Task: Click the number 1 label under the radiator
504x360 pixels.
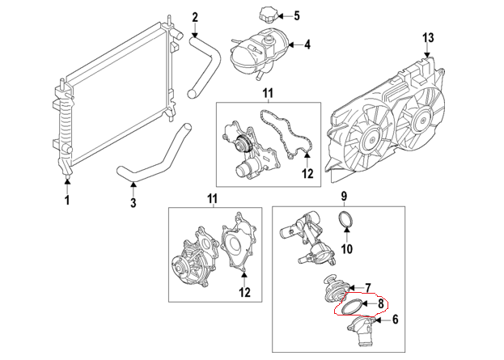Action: [x=68, y=199]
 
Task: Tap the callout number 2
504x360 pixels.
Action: [x=194, y=17]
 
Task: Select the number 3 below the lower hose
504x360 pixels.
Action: [x=133, y=204]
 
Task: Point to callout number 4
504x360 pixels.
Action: [x=307, y=44]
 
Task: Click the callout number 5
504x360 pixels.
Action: [x=296, y=15]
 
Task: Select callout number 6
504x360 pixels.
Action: [x=396, y=320]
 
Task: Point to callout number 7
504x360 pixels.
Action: [x=367, y=287]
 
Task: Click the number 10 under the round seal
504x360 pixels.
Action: [x=346, y=248]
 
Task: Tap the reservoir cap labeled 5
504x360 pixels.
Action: [x=267, y=15]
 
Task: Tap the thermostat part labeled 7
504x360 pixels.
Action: [x=333, y=286]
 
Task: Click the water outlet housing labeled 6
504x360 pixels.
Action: [x=362, y=331]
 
